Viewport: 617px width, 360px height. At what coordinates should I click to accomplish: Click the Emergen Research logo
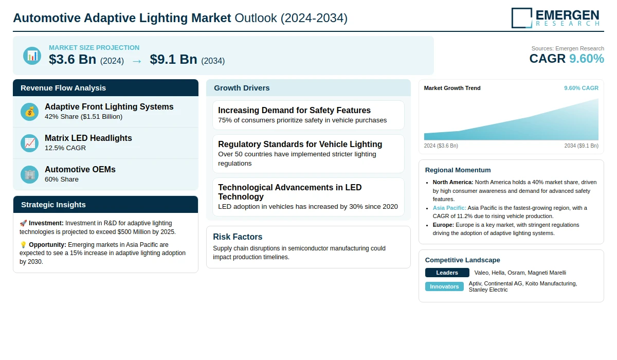[555, 17]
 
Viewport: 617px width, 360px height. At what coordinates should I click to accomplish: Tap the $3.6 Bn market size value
[72, 60]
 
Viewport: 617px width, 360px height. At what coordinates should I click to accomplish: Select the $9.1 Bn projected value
[173, 60]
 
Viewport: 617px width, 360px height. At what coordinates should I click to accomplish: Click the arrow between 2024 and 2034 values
[137, 61]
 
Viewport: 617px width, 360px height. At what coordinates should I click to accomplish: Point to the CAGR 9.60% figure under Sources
[567, 59]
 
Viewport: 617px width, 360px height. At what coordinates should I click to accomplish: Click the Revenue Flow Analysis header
[63, 88]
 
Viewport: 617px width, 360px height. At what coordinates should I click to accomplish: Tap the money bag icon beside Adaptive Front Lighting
[30, 112]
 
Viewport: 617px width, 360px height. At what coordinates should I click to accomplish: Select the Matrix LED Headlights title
[88, 138]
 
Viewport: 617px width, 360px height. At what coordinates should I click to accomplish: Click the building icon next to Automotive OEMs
[30, 174]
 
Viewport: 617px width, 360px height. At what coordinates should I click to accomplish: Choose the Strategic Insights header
[53, 205]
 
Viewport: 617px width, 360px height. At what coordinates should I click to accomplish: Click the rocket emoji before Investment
[23, 223]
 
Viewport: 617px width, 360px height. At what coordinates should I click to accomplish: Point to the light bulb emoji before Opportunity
[23, 245]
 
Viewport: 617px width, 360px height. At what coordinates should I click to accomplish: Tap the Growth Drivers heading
[242, 88]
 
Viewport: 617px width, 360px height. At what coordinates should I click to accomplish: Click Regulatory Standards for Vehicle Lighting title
[300, 144]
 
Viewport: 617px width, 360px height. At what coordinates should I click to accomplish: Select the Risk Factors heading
[238, 237]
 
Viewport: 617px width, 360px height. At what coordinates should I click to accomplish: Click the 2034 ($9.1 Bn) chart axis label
[581, 146]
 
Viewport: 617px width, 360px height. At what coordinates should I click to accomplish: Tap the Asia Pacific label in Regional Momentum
[449, 208]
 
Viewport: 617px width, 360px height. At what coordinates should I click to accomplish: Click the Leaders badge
[447, 273]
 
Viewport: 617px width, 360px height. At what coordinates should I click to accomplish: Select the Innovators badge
[444, 286]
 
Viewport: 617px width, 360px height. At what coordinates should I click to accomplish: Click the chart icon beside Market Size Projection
[32, 56]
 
